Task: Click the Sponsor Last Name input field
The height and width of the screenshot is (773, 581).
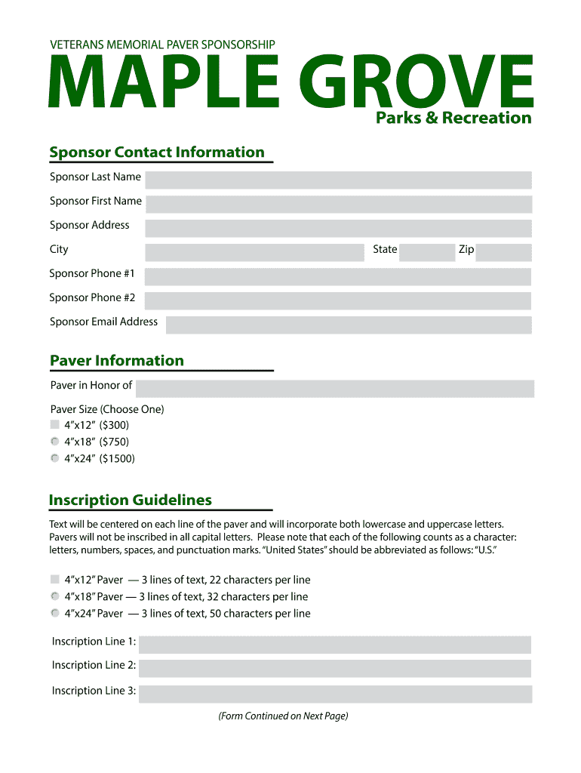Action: [338, 180]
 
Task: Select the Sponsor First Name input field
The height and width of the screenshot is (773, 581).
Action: [338, 204]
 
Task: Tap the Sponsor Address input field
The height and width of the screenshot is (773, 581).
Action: [338, 228]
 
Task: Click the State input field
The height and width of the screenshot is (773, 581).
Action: [426, 252]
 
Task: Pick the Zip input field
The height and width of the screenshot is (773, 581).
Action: [503, 252]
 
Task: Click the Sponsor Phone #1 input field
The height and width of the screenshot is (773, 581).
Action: [338, 276]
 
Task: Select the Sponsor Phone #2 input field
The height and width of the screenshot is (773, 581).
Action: [338, 300]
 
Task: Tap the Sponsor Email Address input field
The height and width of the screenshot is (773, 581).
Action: [349, 325]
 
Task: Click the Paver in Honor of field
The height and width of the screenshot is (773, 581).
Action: [335, 388]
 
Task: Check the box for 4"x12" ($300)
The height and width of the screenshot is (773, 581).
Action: [54, 425]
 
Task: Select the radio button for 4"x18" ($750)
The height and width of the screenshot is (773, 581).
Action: [54, 442]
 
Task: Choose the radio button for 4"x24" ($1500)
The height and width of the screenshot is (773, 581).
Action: [54, 458]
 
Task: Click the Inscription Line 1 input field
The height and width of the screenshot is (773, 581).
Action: [335, 644]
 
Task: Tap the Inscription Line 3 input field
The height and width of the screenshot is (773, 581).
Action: [335, 694]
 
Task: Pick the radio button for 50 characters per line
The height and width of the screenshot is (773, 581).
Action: [54, 613]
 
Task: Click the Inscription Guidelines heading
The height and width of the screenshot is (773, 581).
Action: [131, 500]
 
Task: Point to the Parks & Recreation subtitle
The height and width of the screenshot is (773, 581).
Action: [453, 118]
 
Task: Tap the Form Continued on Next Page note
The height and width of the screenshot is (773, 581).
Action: [283, 716]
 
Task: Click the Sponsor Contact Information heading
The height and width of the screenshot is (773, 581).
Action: [157, 152]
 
